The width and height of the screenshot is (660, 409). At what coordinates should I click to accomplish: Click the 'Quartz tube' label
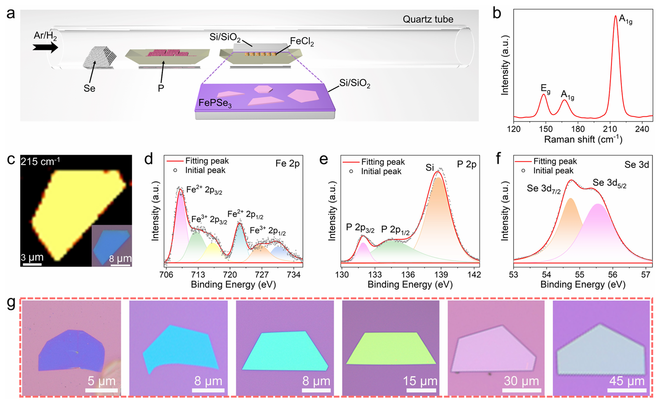[428, 19]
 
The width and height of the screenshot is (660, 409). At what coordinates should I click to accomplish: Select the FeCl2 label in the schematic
[302, 42]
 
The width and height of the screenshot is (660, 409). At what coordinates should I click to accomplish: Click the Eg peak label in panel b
[545, 89]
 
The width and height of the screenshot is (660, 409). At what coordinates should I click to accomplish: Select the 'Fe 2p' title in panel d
[287, 164]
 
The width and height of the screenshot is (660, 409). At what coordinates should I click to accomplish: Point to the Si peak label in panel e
[429, 168]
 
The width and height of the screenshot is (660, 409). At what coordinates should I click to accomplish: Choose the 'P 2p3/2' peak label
[360, 228]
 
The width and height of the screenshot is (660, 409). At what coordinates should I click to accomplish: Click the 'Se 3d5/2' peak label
[609, 184]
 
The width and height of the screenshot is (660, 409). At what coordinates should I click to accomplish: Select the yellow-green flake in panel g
[391, 348]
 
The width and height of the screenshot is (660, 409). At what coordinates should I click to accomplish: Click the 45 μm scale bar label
[627, 381]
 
